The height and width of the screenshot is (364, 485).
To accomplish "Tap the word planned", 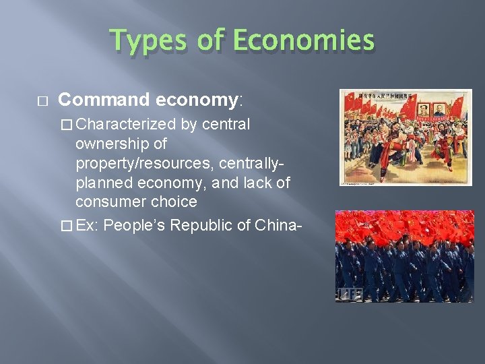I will tap(105, 183).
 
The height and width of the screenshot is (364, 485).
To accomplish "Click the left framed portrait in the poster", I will tap(424, 109).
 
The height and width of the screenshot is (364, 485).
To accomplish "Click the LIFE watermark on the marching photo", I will tap(351, 294).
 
